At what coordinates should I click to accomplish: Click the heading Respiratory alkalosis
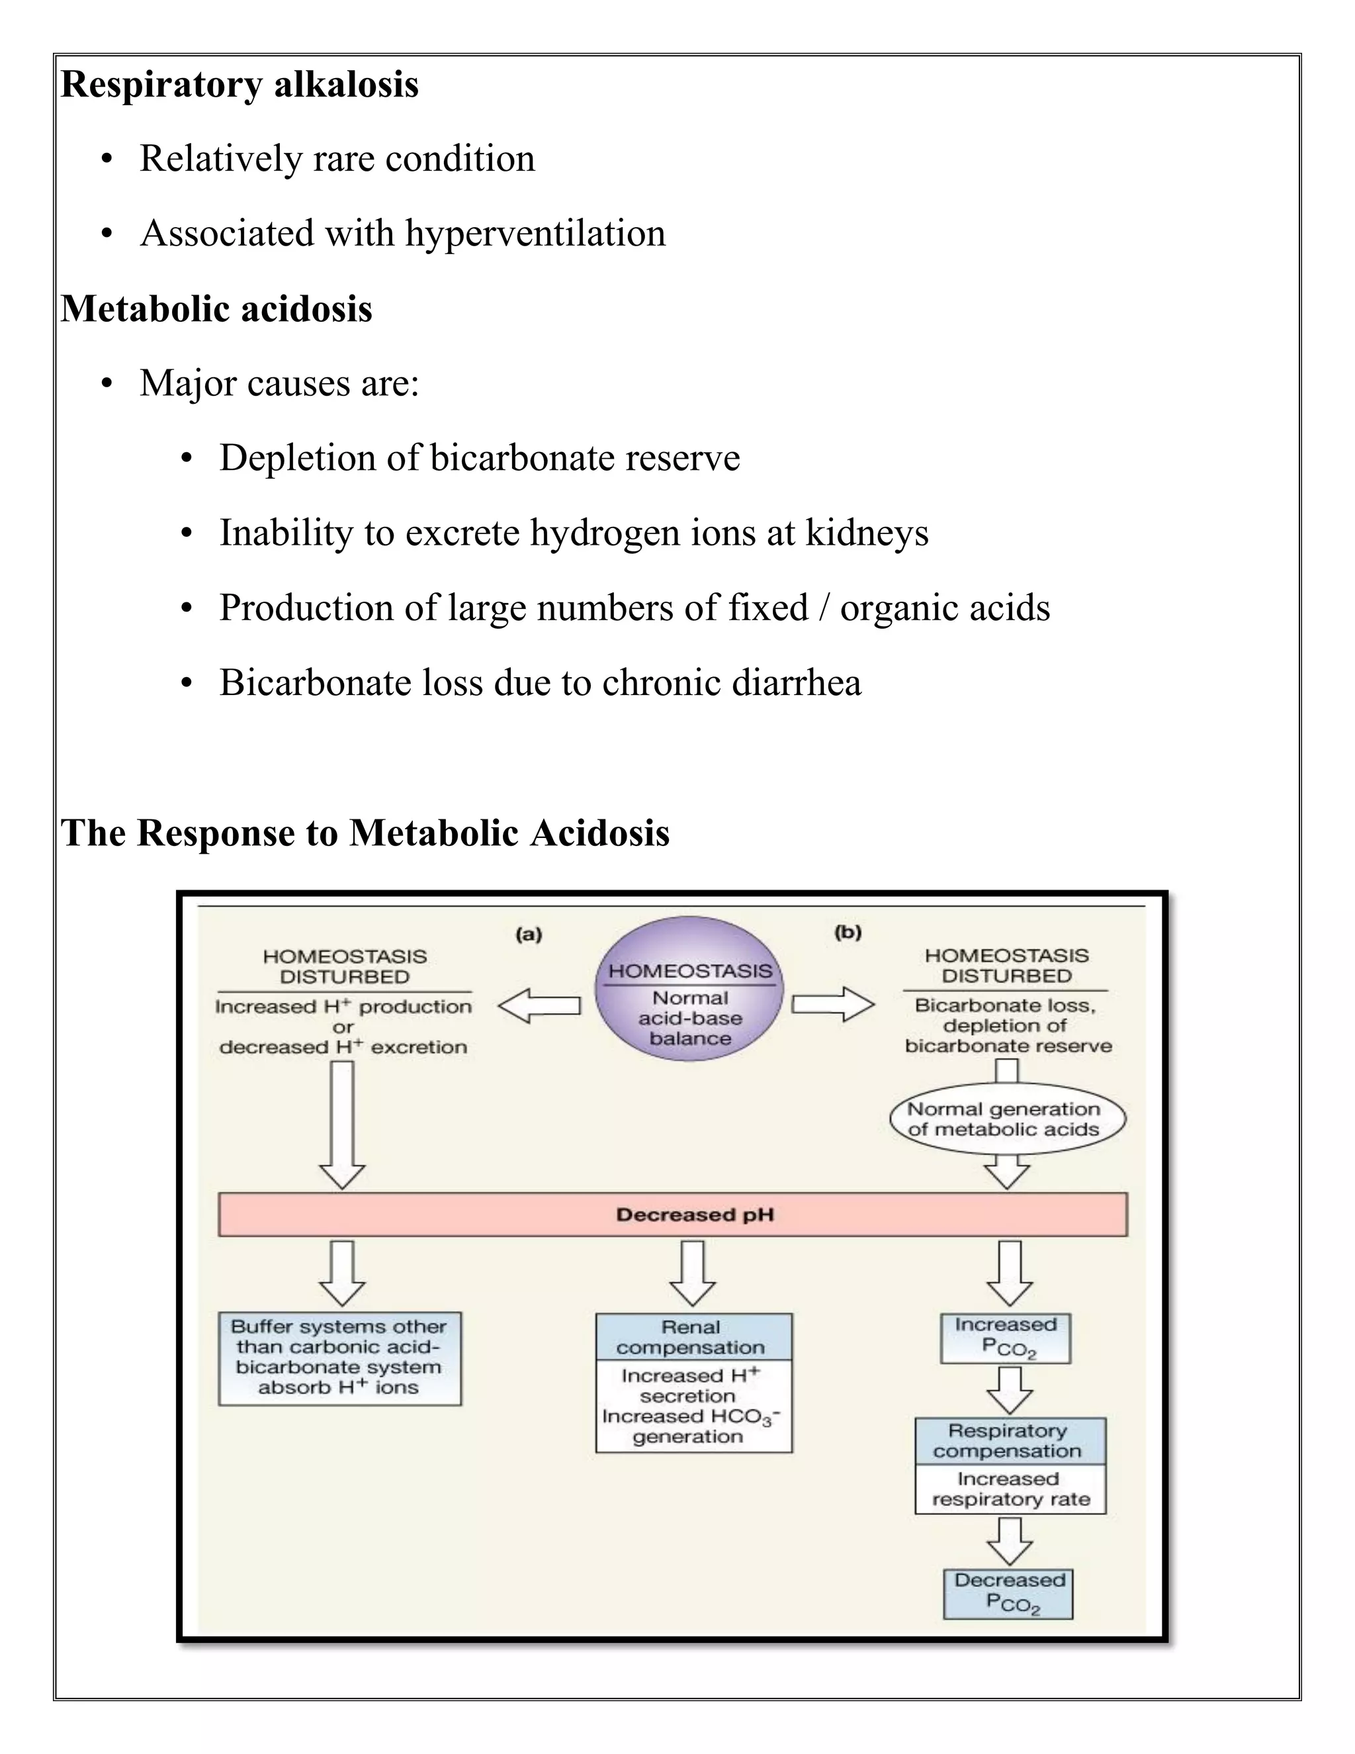point(240,84)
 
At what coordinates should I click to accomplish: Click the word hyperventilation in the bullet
point(535,234)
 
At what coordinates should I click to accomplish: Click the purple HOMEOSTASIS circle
point(689,989)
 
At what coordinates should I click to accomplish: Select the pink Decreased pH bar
point(673,1215)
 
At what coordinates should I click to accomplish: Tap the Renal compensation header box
point(693,1337)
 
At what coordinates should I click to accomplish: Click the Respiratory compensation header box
point(1010,1441)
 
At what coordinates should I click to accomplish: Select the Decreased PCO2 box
point(1008,1593)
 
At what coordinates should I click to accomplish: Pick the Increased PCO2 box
point(1005,1338)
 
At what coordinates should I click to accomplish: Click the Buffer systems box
point(339,1359)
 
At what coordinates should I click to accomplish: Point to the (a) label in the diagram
point(528,934)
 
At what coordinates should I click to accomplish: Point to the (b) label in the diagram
point(848,933)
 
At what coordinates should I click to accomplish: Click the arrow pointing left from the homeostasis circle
point(539,1005)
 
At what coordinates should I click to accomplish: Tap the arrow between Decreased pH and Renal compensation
point(692,1272)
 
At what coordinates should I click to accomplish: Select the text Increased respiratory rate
point(1010,1489)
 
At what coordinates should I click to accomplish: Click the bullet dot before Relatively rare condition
point(107,159)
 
